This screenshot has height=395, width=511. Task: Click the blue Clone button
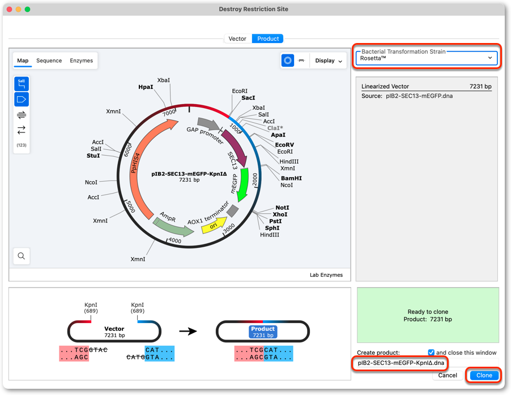click(x=484, y=375)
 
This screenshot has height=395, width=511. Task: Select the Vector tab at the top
click(x=237, y=38)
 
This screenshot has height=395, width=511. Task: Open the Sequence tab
click(x=49, y=61)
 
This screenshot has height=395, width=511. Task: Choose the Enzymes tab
click(x=81, y=61)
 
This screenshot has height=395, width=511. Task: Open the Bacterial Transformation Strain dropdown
click(x=426, y=58)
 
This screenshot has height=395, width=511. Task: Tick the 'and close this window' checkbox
click(x=431, y=353)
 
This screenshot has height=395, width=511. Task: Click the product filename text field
click(x=401, y=363)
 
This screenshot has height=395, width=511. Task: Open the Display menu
click(x=329, y=61)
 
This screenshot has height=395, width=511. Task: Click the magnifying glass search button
click(x=22, y=256)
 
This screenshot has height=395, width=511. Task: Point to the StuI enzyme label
click(x=93, y=156)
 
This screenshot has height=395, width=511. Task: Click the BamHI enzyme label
click(x=291, y=178)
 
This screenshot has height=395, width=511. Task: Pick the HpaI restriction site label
click(x=146, y=87)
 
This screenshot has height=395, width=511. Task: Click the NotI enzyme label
click(x=282, y=208)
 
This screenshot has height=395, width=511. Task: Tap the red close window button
click(x=10, y=9)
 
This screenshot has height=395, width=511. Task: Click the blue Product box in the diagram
click(x=263, y=332)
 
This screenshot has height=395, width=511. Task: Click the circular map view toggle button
click(x=287, y=61)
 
